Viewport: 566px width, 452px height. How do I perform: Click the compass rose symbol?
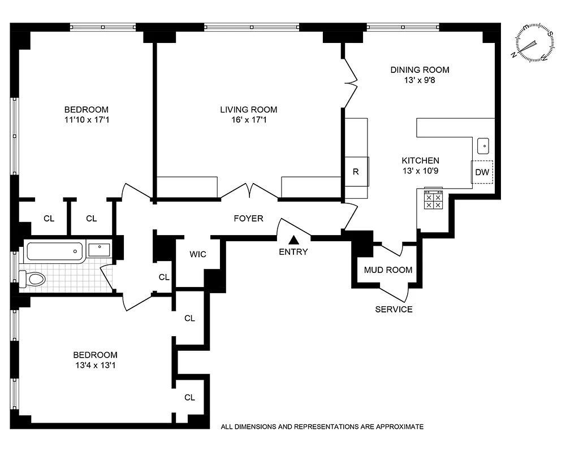point(533,42)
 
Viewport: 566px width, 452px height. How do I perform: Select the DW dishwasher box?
point(482,172)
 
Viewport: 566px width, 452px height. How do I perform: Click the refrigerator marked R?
point(356,172)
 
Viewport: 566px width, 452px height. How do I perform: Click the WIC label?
point(197,254)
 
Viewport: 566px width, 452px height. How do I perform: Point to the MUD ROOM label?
point(388,270)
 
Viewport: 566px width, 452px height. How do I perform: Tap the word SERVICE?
point(394,310)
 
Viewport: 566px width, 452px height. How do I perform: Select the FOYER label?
point(249,218)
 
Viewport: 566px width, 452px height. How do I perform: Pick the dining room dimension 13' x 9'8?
point(420,80)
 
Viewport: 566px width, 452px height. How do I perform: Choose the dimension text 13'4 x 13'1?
point(95,365)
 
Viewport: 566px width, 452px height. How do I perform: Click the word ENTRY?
point(293,252)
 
